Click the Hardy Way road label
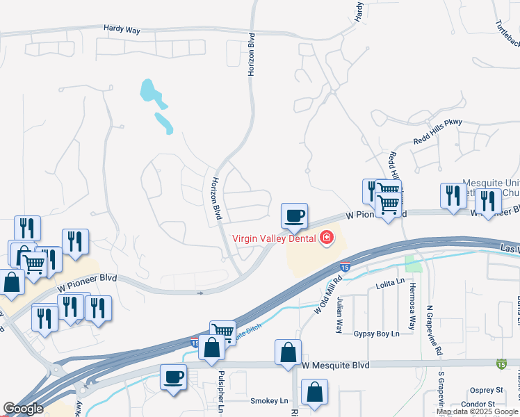(122, 28)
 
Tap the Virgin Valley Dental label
(274, 238)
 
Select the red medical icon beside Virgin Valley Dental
(325, 238)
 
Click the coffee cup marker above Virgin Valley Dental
(294, 215)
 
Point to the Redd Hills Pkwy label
(437, 122)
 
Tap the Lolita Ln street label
(389, 281)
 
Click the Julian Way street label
(340, 314)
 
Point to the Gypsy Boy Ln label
(376, 334)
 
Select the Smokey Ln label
(268, 401)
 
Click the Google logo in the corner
(23, 409)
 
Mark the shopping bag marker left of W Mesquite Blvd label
(288, 353)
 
